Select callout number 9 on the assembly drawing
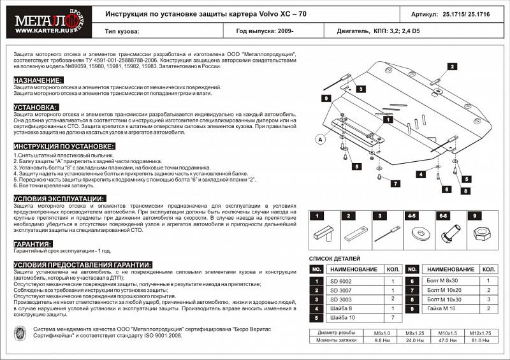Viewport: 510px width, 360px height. [325, 98]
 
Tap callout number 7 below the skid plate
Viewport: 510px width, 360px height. [395, 184]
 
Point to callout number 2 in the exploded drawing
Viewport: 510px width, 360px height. [451, 66]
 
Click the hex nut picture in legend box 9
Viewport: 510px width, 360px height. [479, 237]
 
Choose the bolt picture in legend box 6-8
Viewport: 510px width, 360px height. [449, 235]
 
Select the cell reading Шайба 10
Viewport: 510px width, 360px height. [344, 317]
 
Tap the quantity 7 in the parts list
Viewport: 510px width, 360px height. [393, 317]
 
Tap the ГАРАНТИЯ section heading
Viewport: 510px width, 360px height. [33, 244]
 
